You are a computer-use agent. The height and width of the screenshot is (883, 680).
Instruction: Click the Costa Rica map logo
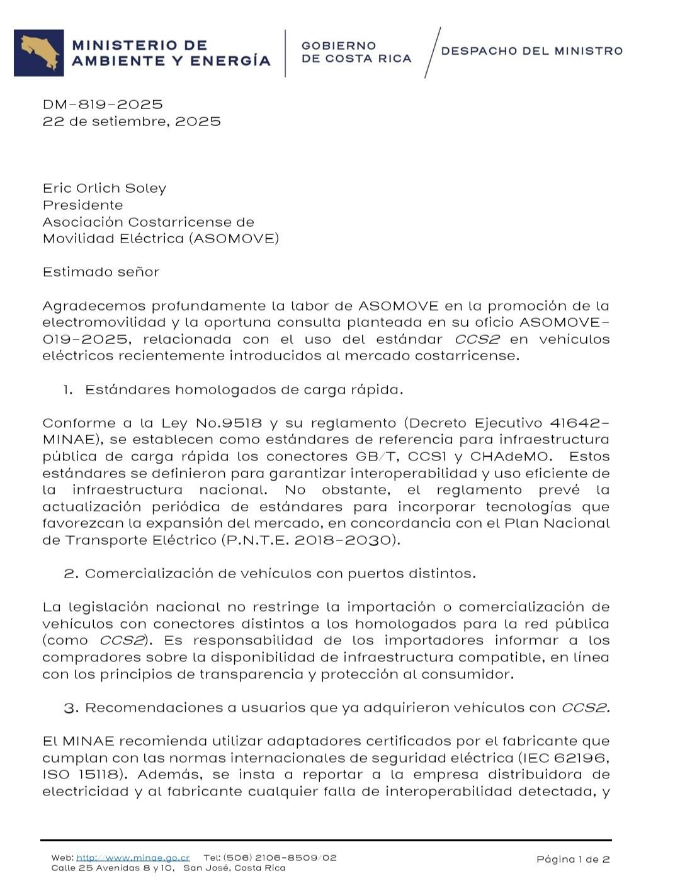pyautogui.click(x=39, y=53)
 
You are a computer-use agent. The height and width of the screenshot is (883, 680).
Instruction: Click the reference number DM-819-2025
pyautogui.click(x=103, y=105)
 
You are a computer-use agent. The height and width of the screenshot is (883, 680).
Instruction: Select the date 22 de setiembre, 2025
pyautogui.click(x=132, y=122)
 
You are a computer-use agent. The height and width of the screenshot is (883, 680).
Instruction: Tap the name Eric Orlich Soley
pyautogui.click(x=105, y=188)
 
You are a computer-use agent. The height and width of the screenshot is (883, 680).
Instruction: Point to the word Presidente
pyautogui.click(x=82, y=205)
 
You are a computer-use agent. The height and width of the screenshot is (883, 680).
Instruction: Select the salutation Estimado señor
pyautogui.click(x=101, y=272)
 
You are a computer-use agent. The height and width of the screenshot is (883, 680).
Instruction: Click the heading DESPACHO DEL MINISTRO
pyautogui.click(x=532, y=51)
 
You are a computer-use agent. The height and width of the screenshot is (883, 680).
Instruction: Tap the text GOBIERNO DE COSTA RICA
pyautogui.click(x=356, y=52)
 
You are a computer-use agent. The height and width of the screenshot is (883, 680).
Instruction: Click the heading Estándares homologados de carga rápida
pyautogui.click(x=244, y=390)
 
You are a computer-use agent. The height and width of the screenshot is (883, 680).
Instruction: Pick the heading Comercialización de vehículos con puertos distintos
pyautogui.click(x=280, y=574)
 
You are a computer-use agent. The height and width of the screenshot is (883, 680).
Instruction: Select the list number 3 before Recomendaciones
pyautogui.click(x=71, y=708)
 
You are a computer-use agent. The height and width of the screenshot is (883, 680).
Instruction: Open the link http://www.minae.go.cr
pyautogui.click(x=133, y=858)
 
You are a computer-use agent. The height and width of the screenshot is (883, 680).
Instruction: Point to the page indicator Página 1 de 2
pyautogui.click(x=573, y=859)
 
